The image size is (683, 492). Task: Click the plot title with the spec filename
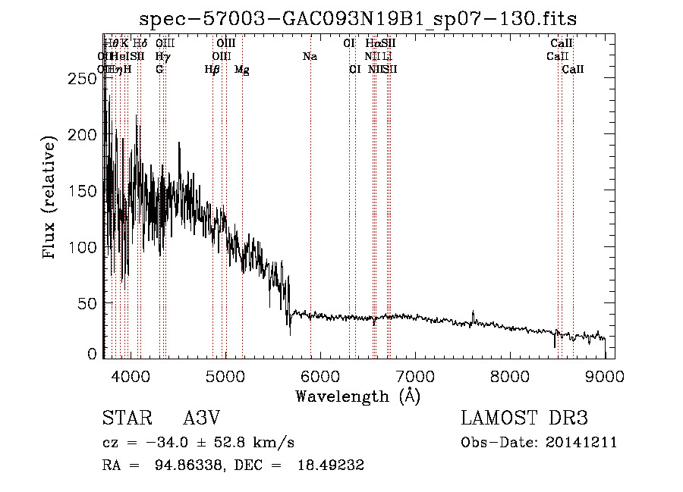364,19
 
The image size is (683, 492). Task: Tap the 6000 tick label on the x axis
320,374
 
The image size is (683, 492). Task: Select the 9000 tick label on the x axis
605,374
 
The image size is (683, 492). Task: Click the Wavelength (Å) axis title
357,396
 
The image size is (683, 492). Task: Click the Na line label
310,57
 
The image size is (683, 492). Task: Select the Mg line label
241,70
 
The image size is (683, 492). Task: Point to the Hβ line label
212,70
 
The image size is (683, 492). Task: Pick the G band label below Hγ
159,70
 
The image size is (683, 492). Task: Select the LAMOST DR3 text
524,419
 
